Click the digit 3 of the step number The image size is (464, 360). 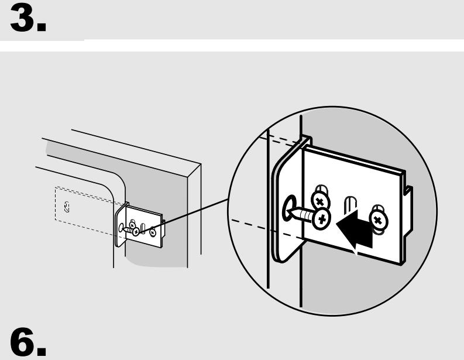pyautogui.click(x=22, y=18)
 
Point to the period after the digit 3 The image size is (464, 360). pyautogui.click(x=42, y=27)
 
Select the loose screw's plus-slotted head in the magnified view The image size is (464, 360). pyautogui.click(x=322, y=219)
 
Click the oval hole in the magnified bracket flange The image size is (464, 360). pyautogui.click(x=290, y=207)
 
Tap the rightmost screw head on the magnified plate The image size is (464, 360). pyautogui.click(x=379, y=220)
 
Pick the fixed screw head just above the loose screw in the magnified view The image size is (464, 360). pyautogui.click(x=320, y=201)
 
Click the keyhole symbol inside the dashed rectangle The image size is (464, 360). pyautogui.click(x=67, y=207)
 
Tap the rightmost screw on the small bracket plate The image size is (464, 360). pyautogui.click(x=153, y=232)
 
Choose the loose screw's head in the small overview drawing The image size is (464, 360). pyautogui.click(x=136, y=232)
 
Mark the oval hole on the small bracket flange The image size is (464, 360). pyautogui.click(x=121, y=228)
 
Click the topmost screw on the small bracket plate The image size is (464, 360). pyautogui.click(x=132, y=225)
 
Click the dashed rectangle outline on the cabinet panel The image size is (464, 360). pyautogui.click(x=56, y=204)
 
